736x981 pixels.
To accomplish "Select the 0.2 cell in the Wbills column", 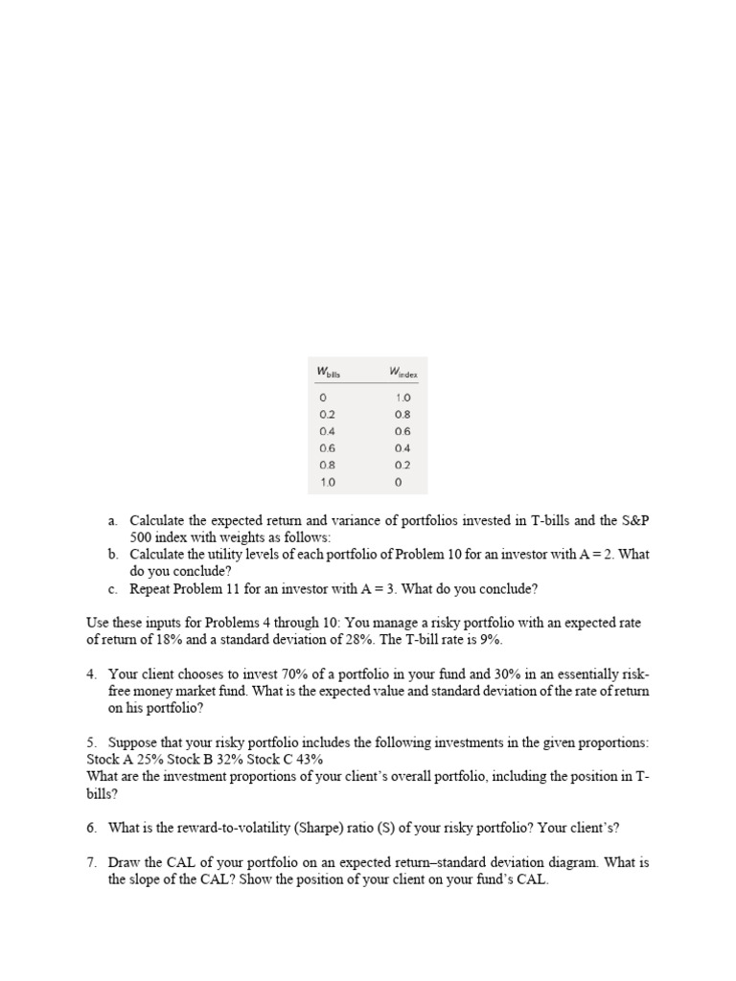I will [326, 415].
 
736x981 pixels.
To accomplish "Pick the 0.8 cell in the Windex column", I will [402, 415].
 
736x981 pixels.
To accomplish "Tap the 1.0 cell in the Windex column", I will [402, 398].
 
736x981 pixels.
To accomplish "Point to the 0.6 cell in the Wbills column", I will [326, 448].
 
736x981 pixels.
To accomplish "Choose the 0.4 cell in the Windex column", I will [402, 448].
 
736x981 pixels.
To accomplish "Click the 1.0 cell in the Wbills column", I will [326, 482].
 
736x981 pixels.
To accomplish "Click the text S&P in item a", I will [636, 520].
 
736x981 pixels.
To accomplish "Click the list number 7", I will [90, 862].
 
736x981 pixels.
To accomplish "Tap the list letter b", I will [112, 555].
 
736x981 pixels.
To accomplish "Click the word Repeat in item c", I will [151, 588].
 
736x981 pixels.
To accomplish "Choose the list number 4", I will [90, 674].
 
